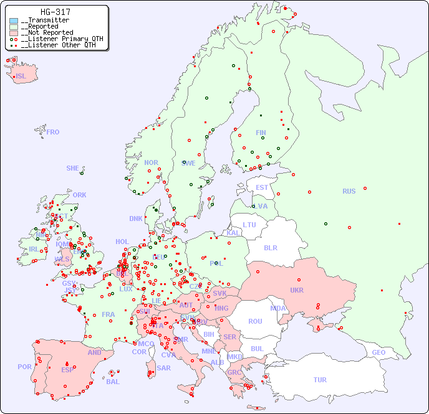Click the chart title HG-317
pos(55,12)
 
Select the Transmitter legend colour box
pos(14,21)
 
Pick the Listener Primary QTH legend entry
pos(57,39)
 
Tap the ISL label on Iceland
pos(21,77)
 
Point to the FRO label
pos(53,132)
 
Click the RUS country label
pos(349,191)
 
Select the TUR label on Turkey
pos(320,380)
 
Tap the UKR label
pos(297,290)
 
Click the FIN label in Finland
pos(261,133)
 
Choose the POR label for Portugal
pos(24,367)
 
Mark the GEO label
pos(378,352)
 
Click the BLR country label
pos(270,247)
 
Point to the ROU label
pos(255,321)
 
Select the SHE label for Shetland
pos(72,168)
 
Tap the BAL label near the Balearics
pos(113,382)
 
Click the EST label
pos(262,187)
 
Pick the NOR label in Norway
pos(151,162)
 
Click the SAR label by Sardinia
pos(163,368)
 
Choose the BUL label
pos(257,349)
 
